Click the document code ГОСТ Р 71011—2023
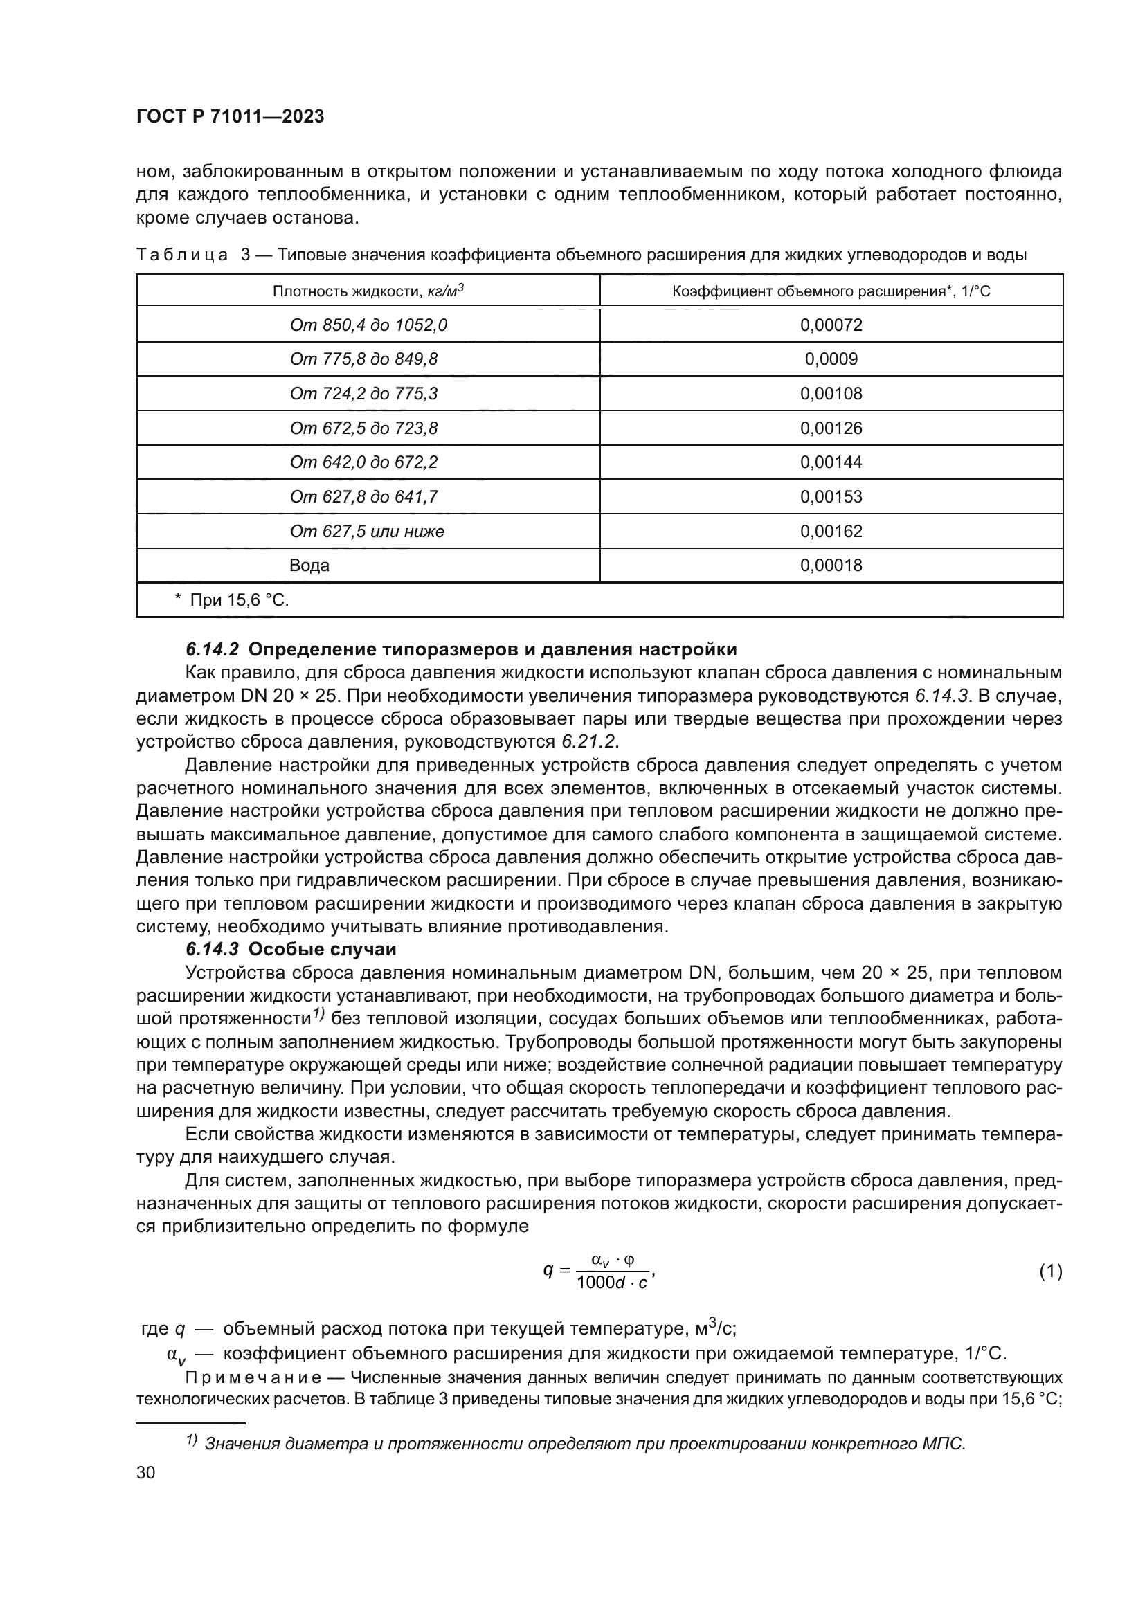point(230,116)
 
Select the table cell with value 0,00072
point(831,325)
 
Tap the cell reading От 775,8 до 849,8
point(363,360)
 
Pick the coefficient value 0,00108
point(831,393)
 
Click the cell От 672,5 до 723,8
point(363,428)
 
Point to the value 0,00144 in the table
point(831,462)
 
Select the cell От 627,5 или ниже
point(367,531)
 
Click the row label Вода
point(309,566)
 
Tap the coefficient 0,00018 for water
point(831,566)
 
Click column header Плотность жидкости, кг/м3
point(368,291)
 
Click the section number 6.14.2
point(213,649)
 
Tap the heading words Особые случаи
point(322,949)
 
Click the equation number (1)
point(1050,1272)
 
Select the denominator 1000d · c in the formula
point(611,1283)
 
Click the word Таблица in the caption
point(182,255)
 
